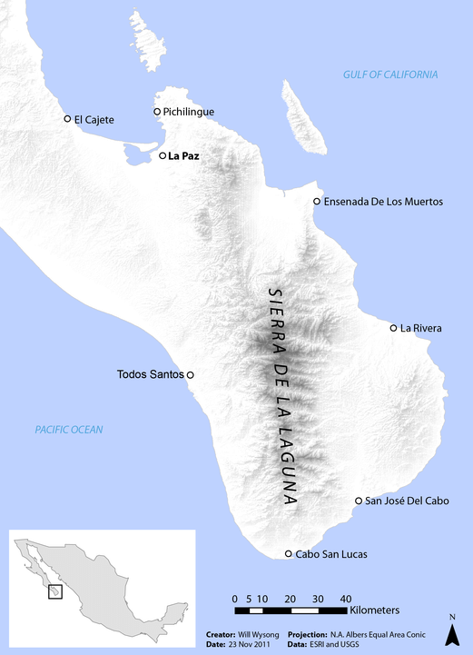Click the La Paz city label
coord(183,156)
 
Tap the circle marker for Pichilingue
coord(157,112)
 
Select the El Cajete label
coord(94,119)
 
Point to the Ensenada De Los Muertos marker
coord(316,202)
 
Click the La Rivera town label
coord(421,328)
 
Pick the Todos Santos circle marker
coord(191,374)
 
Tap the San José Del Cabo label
coord(408,501)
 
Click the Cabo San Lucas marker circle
coord(289,553)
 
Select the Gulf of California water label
coord(390,74)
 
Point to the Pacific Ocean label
coord(70,430)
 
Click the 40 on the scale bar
coord(346,599)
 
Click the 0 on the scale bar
coord(234,599)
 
